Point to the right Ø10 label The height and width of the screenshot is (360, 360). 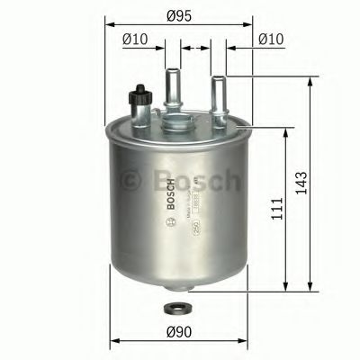click(x=272, y=39)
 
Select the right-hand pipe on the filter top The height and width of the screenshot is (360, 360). click(x=217, y=94)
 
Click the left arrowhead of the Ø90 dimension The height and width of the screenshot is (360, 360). click(x=114, y=342)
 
